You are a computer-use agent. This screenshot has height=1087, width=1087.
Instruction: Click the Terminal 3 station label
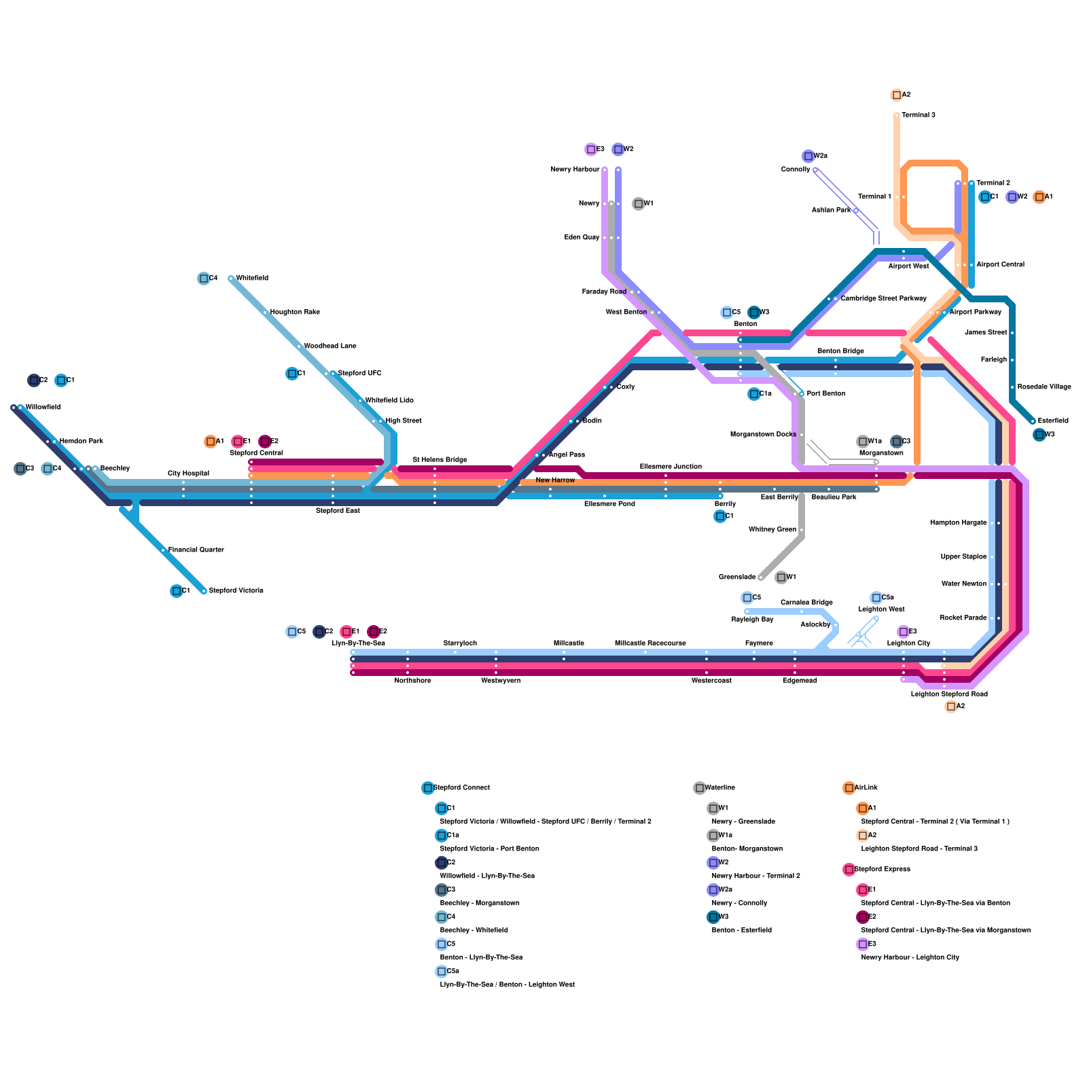click(x=918, y=115)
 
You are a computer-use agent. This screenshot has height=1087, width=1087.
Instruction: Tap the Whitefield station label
click(x=252, y=279)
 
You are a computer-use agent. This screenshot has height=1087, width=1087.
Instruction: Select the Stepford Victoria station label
click(x=236, y=591)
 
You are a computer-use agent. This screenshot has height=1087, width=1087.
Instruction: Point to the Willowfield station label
click(x=43, y=408)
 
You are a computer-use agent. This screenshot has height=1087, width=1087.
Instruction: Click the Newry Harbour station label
click(x=575, y=170)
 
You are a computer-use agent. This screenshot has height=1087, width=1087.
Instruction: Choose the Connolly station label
click(x=796, y=170)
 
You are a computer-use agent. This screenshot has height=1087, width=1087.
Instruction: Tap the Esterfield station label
click(x=1053, y=421)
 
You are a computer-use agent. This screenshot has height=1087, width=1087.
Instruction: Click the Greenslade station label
click(x=737, y=577)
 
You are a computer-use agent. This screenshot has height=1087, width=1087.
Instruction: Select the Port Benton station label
click(x=826, y=394)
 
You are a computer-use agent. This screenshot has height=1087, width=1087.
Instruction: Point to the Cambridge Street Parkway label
click(x=883, y=299)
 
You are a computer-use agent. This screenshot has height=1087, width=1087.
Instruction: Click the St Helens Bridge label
click(x=440, y=460)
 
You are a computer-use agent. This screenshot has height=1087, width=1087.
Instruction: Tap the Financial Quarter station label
click(x=196, y=550)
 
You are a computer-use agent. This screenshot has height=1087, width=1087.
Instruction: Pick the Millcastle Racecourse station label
click(x=650, y=643)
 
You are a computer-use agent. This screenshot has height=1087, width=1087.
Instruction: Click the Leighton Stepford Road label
click(x=949, y=694)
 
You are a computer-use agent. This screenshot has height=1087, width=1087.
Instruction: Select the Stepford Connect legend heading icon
click(x=427, y=788)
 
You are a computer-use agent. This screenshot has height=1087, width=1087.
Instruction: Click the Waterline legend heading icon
click(x=699, y=788)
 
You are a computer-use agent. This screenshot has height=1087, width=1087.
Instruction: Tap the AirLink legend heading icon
click(x=849, y=788)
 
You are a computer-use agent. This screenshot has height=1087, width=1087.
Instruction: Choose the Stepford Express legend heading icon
click(x=849, y=870)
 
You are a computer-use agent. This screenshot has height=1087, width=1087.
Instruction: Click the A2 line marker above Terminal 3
click(x=897, y=95)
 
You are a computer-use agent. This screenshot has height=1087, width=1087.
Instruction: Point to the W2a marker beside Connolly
click(x=808, y=156)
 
